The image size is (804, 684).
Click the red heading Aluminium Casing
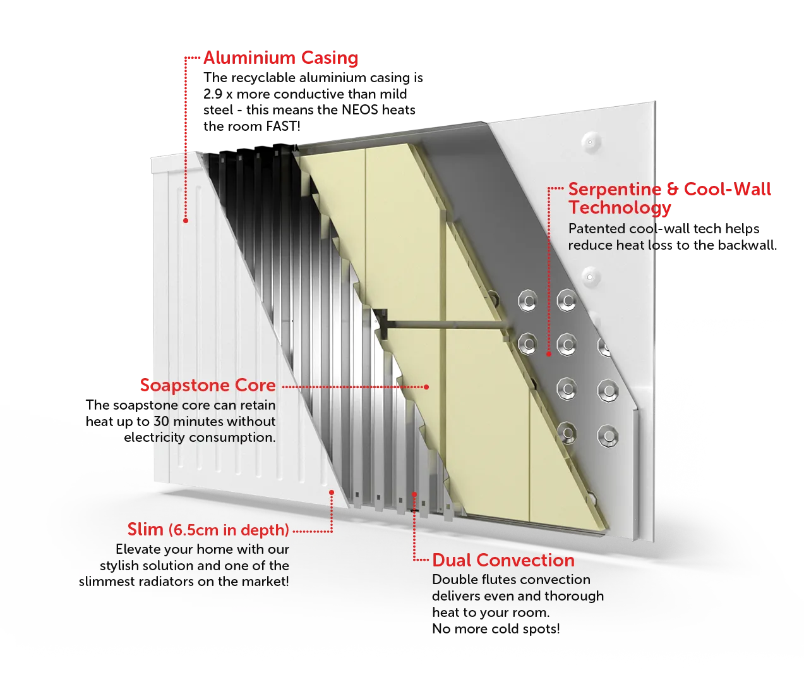(x=280, y=58)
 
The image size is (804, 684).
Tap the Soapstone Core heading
(x=208, y=386)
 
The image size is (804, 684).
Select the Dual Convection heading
(x=503, y=560)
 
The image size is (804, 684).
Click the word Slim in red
(x=145, y=529)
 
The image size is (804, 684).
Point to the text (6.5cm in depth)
(x=229, y=530)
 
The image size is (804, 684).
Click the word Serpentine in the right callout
(x=615, y=189)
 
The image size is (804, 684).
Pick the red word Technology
(x=620, y=207)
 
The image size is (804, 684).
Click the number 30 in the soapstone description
(x=162, y=421)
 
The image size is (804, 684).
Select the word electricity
(x=154, y=437)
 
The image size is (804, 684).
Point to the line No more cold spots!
(x=496, y=629)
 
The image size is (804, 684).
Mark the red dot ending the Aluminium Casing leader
(x=186, y=221)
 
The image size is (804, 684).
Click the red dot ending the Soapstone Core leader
(x=427, y=387)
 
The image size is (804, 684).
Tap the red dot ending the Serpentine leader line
(x=549, y=354)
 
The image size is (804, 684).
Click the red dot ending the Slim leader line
(x=332, y=492)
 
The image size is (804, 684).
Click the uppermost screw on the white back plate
(x=590, y=142)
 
